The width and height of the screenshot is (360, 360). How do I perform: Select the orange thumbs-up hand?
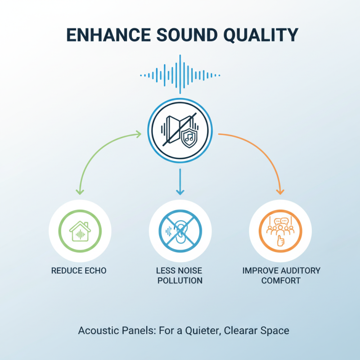pyautogui.click(x=281, y=240)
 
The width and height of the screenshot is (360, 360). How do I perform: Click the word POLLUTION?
pyautogui.click(x=180, y=281)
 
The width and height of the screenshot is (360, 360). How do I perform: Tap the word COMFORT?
pyautogui.click(x=281, y=281)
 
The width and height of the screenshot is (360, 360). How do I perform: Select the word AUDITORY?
pyautogui.click(x=297, y=271)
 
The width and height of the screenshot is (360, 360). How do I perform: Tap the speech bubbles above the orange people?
pyautogui.click(x=281, y=221)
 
